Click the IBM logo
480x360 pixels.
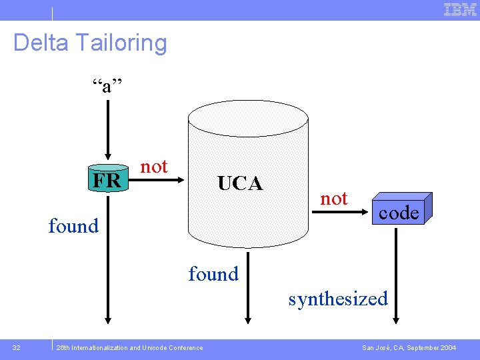point(460,9)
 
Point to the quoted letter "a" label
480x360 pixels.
point(107,85)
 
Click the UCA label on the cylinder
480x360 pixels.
point(240,183)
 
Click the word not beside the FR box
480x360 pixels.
point(154,167)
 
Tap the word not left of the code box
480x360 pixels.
point(333,198)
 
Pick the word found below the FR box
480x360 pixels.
point(73,226)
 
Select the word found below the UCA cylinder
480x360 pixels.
point(213,274)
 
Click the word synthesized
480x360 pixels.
point(338,299)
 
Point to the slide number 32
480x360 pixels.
point(17,347)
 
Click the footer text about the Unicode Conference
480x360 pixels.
point(130,347)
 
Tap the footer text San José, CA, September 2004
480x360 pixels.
point(409,347)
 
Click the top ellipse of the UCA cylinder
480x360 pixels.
point(248,121)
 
